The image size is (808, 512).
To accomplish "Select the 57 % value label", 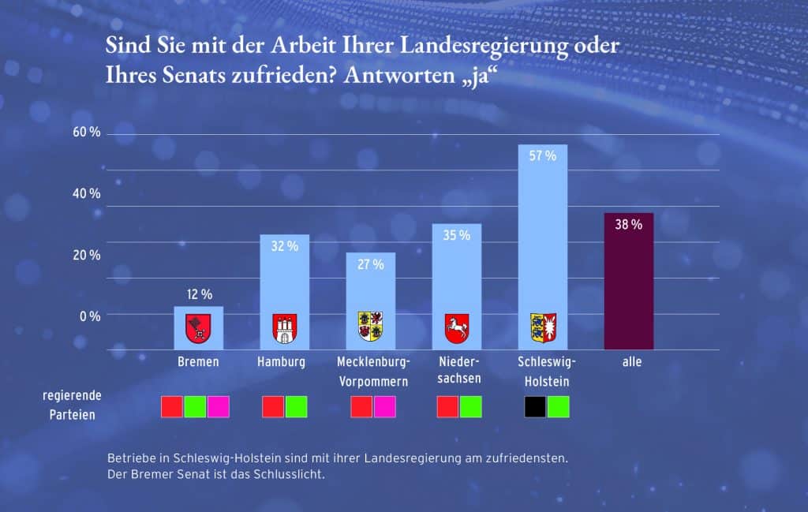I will click(x=543, y=156).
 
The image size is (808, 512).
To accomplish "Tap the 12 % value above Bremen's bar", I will click(x=199, y=294).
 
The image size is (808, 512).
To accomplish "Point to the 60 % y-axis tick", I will click(x=87, y=132).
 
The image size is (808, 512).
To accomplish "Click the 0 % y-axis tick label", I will click(x=89, y=316).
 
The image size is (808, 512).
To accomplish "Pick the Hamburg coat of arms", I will click(x=284, y=328).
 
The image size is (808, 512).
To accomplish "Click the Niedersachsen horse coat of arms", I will click(x=457, y=327).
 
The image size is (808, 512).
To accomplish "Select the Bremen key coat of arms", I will click(x=198, y=328).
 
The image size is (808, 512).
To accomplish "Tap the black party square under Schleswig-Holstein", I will click(x=535, y=406).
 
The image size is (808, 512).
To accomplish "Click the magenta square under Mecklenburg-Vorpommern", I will click(x=384, y=406).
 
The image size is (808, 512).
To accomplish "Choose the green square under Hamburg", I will click(x=296, y=406).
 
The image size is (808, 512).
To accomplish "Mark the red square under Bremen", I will click(x=172, y=406).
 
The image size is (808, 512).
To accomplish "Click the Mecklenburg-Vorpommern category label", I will click(x=373, y=371).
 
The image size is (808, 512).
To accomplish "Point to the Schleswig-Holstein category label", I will click(x=547, y=371).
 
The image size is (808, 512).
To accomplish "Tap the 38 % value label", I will click(x=628, y=224).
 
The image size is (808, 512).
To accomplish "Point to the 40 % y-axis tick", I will click(x=87, y=193).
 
